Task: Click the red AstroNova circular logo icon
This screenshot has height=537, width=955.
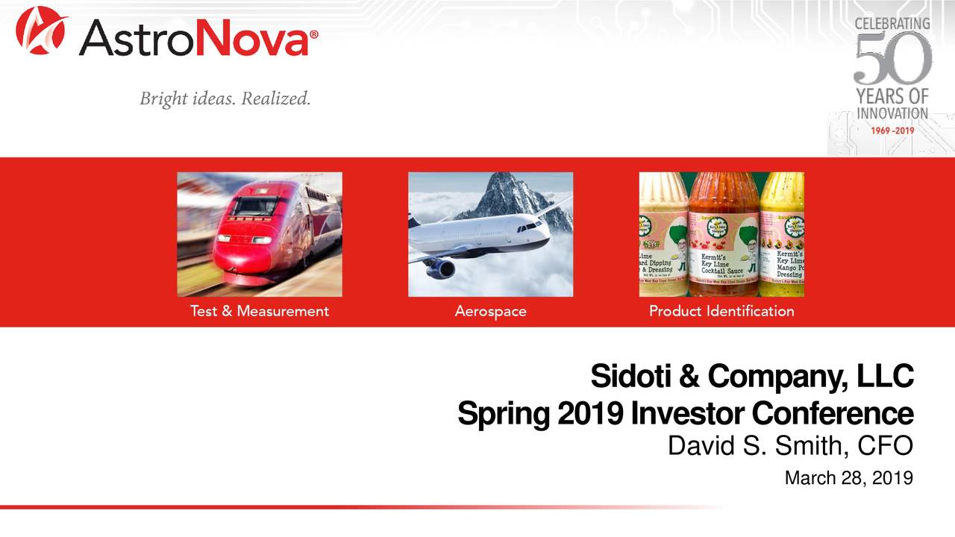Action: click(x=41, y=31)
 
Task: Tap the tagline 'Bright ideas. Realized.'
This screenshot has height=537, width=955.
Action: click(x=225, y=98)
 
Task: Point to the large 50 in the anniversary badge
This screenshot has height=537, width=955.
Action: click(x=892, y=59)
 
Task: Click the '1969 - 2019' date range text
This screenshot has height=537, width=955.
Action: click(x=892, y=130)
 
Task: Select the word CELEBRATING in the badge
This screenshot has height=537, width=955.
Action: click(x=892, y=24)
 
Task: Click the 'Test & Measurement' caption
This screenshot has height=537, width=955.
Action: click(x=259, y=311)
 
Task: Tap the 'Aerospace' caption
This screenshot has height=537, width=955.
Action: click(x=490, y=311)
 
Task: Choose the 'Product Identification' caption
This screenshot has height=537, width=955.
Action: click(x=721, y=311)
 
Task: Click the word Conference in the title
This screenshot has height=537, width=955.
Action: click(x=832, y=413)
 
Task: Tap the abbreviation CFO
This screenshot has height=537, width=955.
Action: click(x=886, y=445)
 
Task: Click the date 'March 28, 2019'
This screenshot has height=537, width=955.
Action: click(x=848, y=477)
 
